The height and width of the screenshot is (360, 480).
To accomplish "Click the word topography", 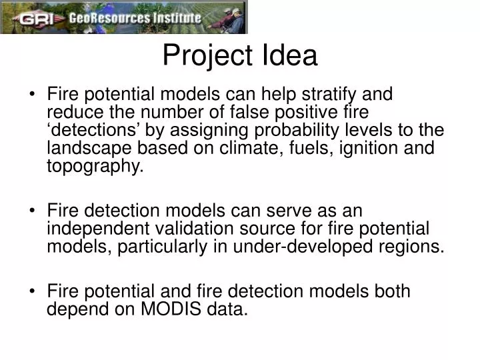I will click(x=95, y=167).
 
